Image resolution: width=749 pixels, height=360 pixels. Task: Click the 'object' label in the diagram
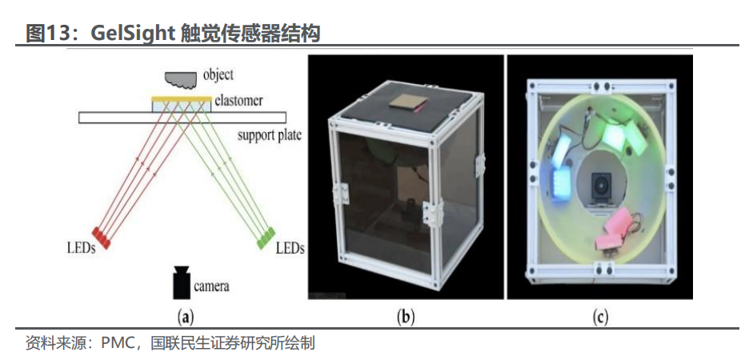click(x=218, y=75)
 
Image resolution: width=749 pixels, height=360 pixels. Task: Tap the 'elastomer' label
click(x=238, y=102)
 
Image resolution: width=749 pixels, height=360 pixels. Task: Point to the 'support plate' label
click(x=269, y=134)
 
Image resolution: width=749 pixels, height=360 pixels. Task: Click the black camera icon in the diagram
click(x=182, y=282)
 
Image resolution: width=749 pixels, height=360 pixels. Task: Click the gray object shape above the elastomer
click(x=182, y=77)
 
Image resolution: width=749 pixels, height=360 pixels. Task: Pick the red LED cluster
click(x=101, y=234)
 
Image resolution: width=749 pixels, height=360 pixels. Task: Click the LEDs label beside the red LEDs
click(x=82, y=248)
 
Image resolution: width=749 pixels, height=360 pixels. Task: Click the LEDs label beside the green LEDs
click(x=290, y=248)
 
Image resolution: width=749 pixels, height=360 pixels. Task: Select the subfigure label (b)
click(x=406, y=318)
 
